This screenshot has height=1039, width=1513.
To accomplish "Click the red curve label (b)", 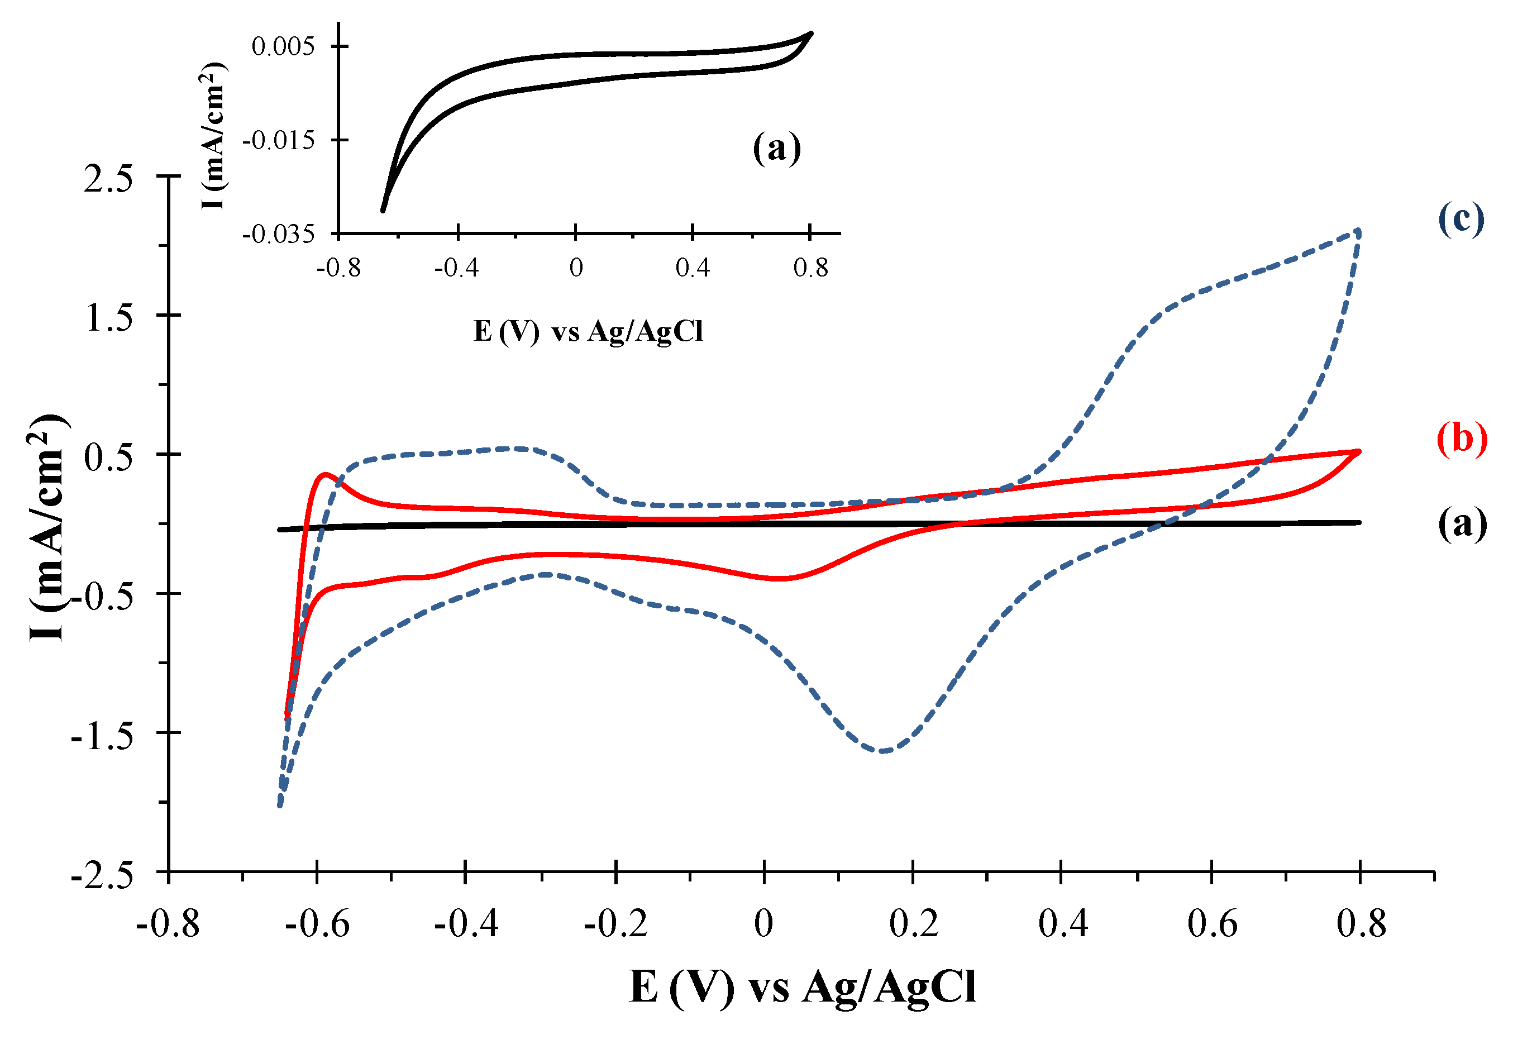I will pyautogui.click(x=1462, y=438).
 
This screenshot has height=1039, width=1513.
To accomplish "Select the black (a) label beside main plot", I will pyautogui.click(x=1462, y=523).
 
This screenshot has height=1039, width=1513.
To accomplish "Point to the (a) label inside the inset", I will pyautogui.click(x=776, y=148).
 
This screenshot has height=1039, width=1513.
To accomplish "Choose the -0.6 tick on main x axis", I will pyautogui.click(x=317, y=924).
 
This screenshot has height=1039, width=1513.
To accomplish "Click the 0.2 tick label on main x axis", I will pyautogui.click(x=913, y=924).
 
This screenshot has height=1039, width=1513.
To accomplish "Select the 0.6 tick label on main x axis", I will pyautogui.click(x=1211, y=924).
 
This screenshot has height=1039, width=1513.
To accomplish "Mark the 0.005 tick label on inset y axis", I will pyautogui.click(x=283, y=46).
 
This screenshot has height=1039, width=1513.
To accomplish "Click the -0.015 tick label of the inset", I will pyautogui.click(x=278, y=140).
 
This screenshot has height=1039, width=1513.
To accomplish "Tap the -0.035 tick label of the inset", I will pyautogui.click(x=278, y=233).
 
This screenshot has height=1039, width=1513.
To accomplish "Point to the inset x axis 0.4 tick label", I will pyautogui.click(x=692, y=268).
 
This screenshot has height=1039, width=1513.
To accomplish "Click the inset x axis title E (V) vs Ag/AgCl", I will pyautogui.click(x=588, y=331).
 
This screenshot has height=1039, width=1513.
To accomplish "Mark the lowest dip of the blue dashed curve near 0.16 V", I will pyautogui.click(x=884, y=751).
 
